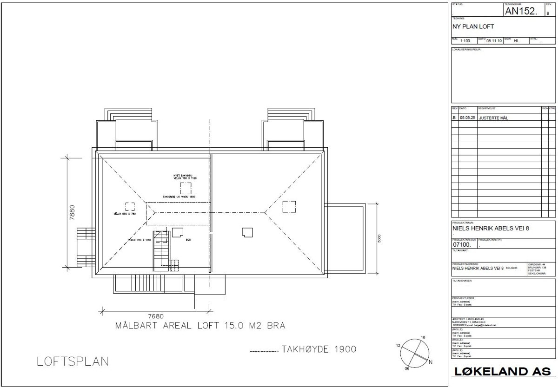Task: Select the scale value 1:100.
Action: pos(465,41)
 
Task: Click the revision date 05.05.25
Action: pos(467,118)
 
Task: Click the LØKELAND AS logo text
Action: pos(500,372)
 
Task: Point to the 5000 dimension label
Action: pos(379,238)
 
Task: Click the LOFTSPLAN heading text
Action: pos(73,361)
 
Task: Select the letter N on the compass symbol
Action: pos(431,362)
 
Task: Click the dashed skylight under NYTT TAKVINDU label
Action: pos(186,188)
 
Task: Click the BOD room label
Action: pos(188,240)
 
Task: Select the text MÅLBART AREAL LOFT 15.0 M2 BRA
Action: pos(200,326)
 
